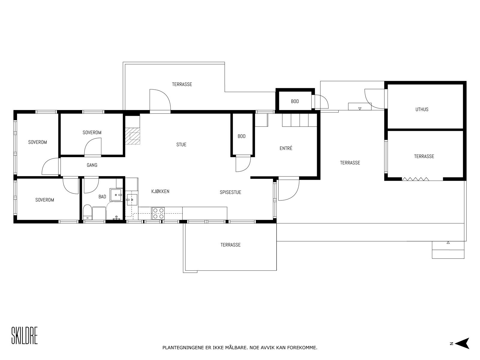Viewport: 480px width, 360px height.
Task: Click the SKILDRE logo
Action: (25, 336)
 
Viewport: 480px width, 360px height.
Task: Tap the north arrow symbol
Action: (463, 343)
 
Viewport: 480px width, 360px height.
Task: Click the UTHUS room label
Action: (422, 109)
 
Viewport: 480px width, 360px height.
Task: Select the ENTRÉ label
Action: (286, 148)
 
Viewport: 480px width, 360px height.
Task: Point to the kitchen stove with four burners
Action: (158, 213)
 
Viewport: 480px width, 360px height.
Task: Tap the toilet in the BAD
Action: (87, 212)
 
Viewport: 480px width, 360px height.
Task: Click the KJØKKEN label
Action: (160, 191)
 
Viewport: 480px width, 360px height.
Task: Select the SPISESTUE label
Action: (230, 192)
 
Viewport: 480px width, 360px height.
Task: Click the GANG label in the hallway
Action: (92, 165)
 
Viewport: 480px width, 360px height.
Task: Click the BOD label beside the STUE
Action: (241, 136)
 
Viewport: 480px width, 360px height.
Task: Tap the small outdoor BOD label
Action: (295, 101)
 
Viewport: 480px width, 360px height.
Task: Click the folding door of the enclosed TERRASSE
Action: (415, 179)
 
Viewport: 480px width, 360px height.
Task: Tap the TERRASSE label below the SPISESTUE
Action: (230, 245)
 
